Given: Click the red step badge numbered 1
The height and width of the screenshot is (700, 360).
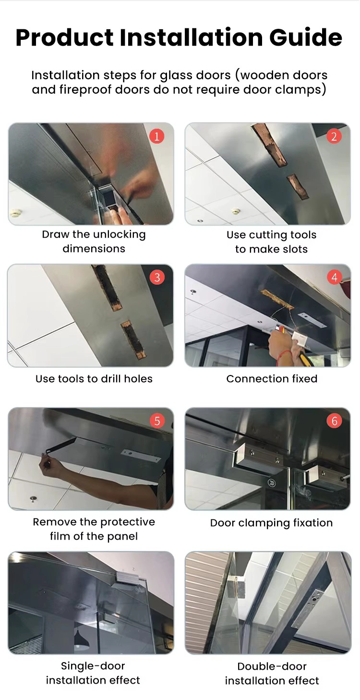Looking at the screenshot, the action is click(x=157, y=136).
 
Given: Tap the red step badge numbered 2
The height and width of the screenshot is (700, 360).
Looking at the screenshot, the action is click(x=334, y=136).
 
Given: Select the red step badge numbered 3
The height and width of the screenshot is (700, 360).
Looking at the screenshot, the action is click(x=157, y=277).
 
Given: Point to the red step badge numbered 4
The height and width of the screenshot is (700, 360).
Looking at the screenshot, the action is click(x=334, y=277).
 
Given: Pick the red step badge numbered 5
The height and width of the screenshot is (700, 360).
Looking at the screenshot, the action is click(x=157, y=421).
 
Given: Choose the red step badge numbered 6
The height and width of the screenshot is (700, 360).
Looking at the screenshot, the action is click(x=334, y=421).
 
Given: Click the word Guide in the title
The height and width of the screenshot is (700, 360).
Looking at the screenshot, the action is click(x=306, y=37).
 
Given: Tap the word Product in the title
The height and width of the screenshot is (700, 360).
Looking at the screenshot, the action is click(x=64, y=37).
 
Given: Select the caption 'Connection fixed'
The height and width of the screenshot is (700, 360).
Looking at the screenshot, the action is click(x=272, y=378).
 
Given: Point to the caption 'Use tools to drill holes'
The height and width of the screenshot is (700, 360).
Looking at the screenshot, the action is click(x=94, y=378).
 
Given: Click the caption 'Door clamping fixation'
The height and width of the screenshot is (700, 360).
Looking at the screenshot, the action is click(x=271, y=523).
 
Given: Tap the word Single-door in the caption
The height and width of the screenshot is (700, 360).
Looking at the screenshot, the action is click(x=93, y=665).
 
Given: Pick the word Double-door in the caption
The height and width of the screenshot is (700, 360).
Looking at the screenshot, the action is click(x=272, y=666).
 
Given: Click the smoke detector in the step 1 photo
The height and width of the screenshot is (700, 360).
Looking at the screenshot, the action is click(x=14, y=213).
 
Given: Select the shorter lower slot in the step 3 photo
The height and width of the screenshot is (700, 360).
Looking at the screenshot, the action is click(x=133, y=339).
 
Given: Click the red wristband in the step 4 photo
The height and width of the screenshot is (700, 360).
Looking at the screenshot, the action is click(x=284, y=356).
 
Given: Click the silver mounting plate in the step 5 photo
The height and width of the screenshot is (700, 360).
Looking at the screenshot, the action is click(x=141, y=456).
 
